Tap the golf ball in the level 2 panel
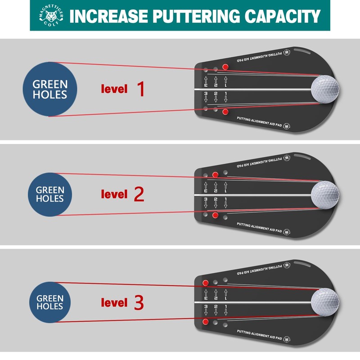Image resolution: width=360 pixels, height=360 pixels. pyautogui.click(x=324, y=194)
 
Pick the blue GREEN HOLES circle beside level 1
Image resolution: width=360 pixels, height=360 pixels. pyautogui.click(x=49, y=89)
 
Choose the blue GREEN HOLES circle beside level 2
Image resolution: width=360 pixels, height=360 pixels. pyautogui.click(x=49, y=194)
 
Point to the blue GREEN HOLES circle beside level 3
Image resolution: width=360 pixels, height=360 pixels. pyautogui.click(x=49, y=302)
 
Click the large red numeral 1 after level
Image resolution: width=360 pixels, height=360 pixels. pyautogui.click(x=140, y=89)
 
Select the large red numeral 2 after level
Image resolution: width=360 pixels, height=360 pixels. pyautogui.click(x=139, y=194)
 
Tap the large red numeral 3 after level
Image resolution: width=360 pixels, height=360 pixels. pyautogui.click(x=139, y=302)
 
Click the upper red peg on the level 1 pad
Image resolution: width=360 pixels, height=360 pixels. pyautogui.click(x=225, y=67)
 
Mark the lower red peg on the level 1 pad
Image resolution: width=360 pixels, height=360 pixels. pyautogui.click(x=225, y=111)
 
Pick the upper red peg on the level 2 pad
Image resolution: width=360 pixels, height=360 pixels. pyautogui.click(x=216, y=174)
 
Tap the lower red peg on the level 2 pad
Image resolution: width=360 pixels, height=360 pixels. pyautogui.click(x=216, y=216)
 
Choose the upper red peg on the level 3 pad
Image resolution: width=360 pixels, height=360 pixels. pyautogui.click(x=206, y=283)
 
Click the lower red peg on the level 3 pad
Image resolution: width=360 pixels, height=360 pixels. pyautogui.click(x=206, y=321)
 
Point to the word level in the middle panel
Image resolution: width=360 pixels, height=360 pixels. pyautogui.click(x=114, y=194)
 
